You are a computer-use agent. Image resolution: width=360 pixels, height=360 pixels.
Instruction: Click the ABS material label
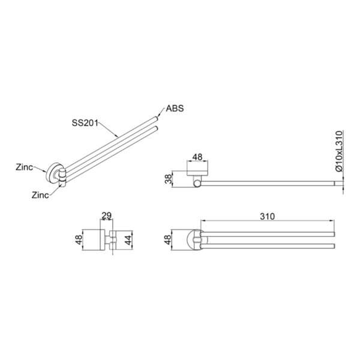175,109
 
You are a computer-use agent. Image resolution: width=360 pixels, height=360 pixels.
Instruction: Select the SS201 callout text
85,123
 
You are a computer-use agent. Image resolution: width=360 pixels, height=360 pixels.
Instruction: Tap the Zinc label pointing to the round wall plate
25,167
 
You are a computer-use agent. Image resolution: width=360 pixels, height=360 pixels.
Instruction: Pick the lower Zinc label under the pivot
40,195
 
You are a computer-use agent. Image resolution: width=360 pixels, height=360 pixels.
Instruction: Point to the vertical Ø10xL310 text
339,151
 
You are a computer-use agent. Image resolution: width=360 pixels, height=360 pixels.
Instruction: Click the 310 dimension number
267,217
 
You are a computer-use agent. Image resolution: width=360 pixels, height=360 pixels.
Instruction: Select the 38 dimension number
169,179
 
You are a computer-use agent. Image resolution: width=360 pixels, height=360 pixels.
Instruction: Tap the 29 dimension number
107,215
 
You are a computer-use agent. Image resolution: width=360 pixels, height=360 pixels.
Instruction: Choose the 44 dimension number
128,239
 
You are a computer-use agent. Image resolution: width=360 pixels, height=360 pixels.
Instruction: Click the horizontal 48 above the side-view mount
197,157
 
